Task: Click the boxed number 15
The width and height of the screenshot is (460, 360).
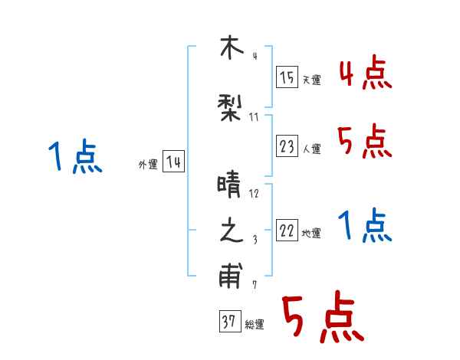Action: tap(287, 77)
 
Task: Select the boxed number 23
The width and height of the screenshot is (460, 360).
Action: tap(287, 146)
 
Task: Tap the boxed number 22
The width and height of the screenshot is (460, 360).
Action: tap(287, 231)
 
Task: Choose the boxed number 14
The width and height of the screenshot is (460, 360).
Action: tap(173, 162)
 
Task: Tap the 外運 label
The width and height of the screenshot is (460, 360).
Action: tap(148, 164)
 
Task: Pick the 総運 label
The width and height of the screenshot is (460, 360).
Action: tap(255, 325)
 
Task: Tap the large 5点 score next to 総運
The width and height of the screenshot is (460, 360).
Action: tap(322, 319)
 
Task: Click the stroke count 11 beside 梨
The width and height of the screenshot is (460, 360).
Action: tap(255, 116)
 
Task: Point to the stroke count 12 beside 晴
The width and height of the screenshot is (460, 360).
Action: tap(255, 193)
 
